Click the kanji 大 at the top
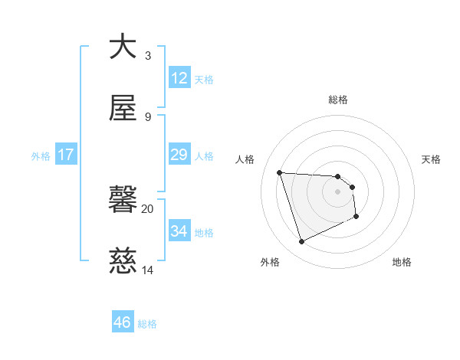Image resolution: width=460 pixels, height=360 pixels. (x=123, y=47)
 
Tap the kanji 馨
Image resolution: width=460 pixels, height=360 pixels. (x=123, y=201)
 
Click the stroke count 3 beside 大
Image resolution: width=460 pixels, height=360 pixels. (x=148, y=56)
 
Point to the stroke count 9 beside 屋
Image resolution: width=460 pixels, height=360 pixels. (x=148, y=116)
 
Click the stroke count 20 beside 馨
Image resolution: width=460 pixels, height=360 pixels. (x=148, y=208)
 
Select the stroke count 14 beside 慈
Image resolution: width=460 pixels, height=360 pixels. (x=148, y=270)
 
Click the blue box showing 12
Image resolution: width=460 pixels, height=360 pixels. (x=179, y=78)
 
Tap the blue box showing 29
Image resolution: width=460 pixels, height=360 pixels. (x=179, y=155)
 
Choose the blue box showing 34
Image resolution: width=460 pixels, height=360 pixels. (x=179, y=231)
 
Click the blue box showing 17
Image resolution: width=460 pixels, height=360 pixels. (x=66, y=155)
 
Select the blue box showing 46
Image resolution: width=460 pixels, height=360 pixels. (x=123, y=322)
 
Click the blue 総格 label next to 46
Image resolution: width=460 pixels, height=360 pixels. (x=147, y=324)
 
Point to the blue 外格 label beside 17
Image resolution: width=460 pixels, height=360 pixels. (x=41, y=156)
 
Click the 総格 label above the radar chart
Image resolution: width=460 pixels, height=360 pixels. (x=338, y=100)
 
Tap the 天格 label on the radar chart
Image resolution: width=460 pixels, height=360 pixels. (x=432, y=159)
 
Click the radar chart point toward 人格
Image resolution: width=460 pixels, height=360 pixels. (x=280, y=172)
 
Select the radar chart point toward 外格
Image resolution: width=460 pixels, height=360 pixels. (x=301, y=242)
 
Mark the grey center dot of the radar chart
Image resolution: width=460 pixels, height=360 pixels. (x=338, y=191)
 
